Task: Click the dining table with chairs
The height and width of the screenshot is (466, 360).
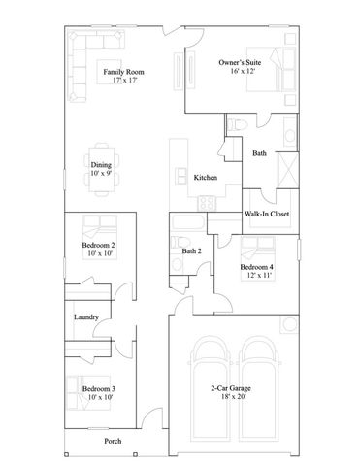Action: pos(100,167)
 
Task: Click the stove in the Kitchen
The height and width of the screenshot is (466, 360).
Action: pos(206,201)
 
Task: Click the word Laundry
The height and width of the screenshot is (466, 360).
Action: pos(85,316)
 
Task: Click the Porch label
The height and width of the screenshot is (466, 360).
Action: pos(113,441)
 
